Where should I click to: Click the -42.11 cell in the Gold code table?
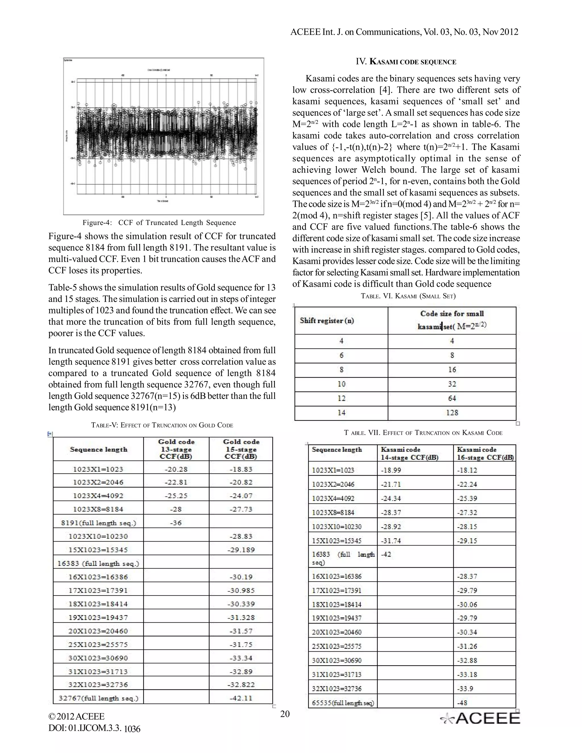click(241, 698)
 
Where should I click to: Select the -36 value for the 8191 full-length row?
click(176, 523)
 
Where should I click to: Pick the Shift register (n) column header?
click(327, 320)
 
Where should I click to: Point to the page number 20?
click(285, 714)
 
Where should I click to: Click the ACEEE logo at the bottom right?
click(480, 718)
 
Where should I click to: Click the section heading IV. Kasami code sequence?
click(406, 62)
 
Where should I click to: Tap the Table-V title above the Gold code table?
click(162, 425)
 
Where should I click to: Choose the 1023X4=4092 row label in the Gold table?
click(98, 496)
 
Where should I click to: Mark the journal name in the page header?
click(404, 32)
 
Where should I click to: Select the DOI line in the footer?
click(94, 728)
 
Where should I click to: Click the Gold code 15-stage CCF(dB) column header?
click(241, 449)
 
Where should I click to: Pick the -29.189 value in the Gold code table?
click(241, 550)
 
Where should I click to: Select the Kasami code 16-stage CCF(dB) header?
click(485, 454)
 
